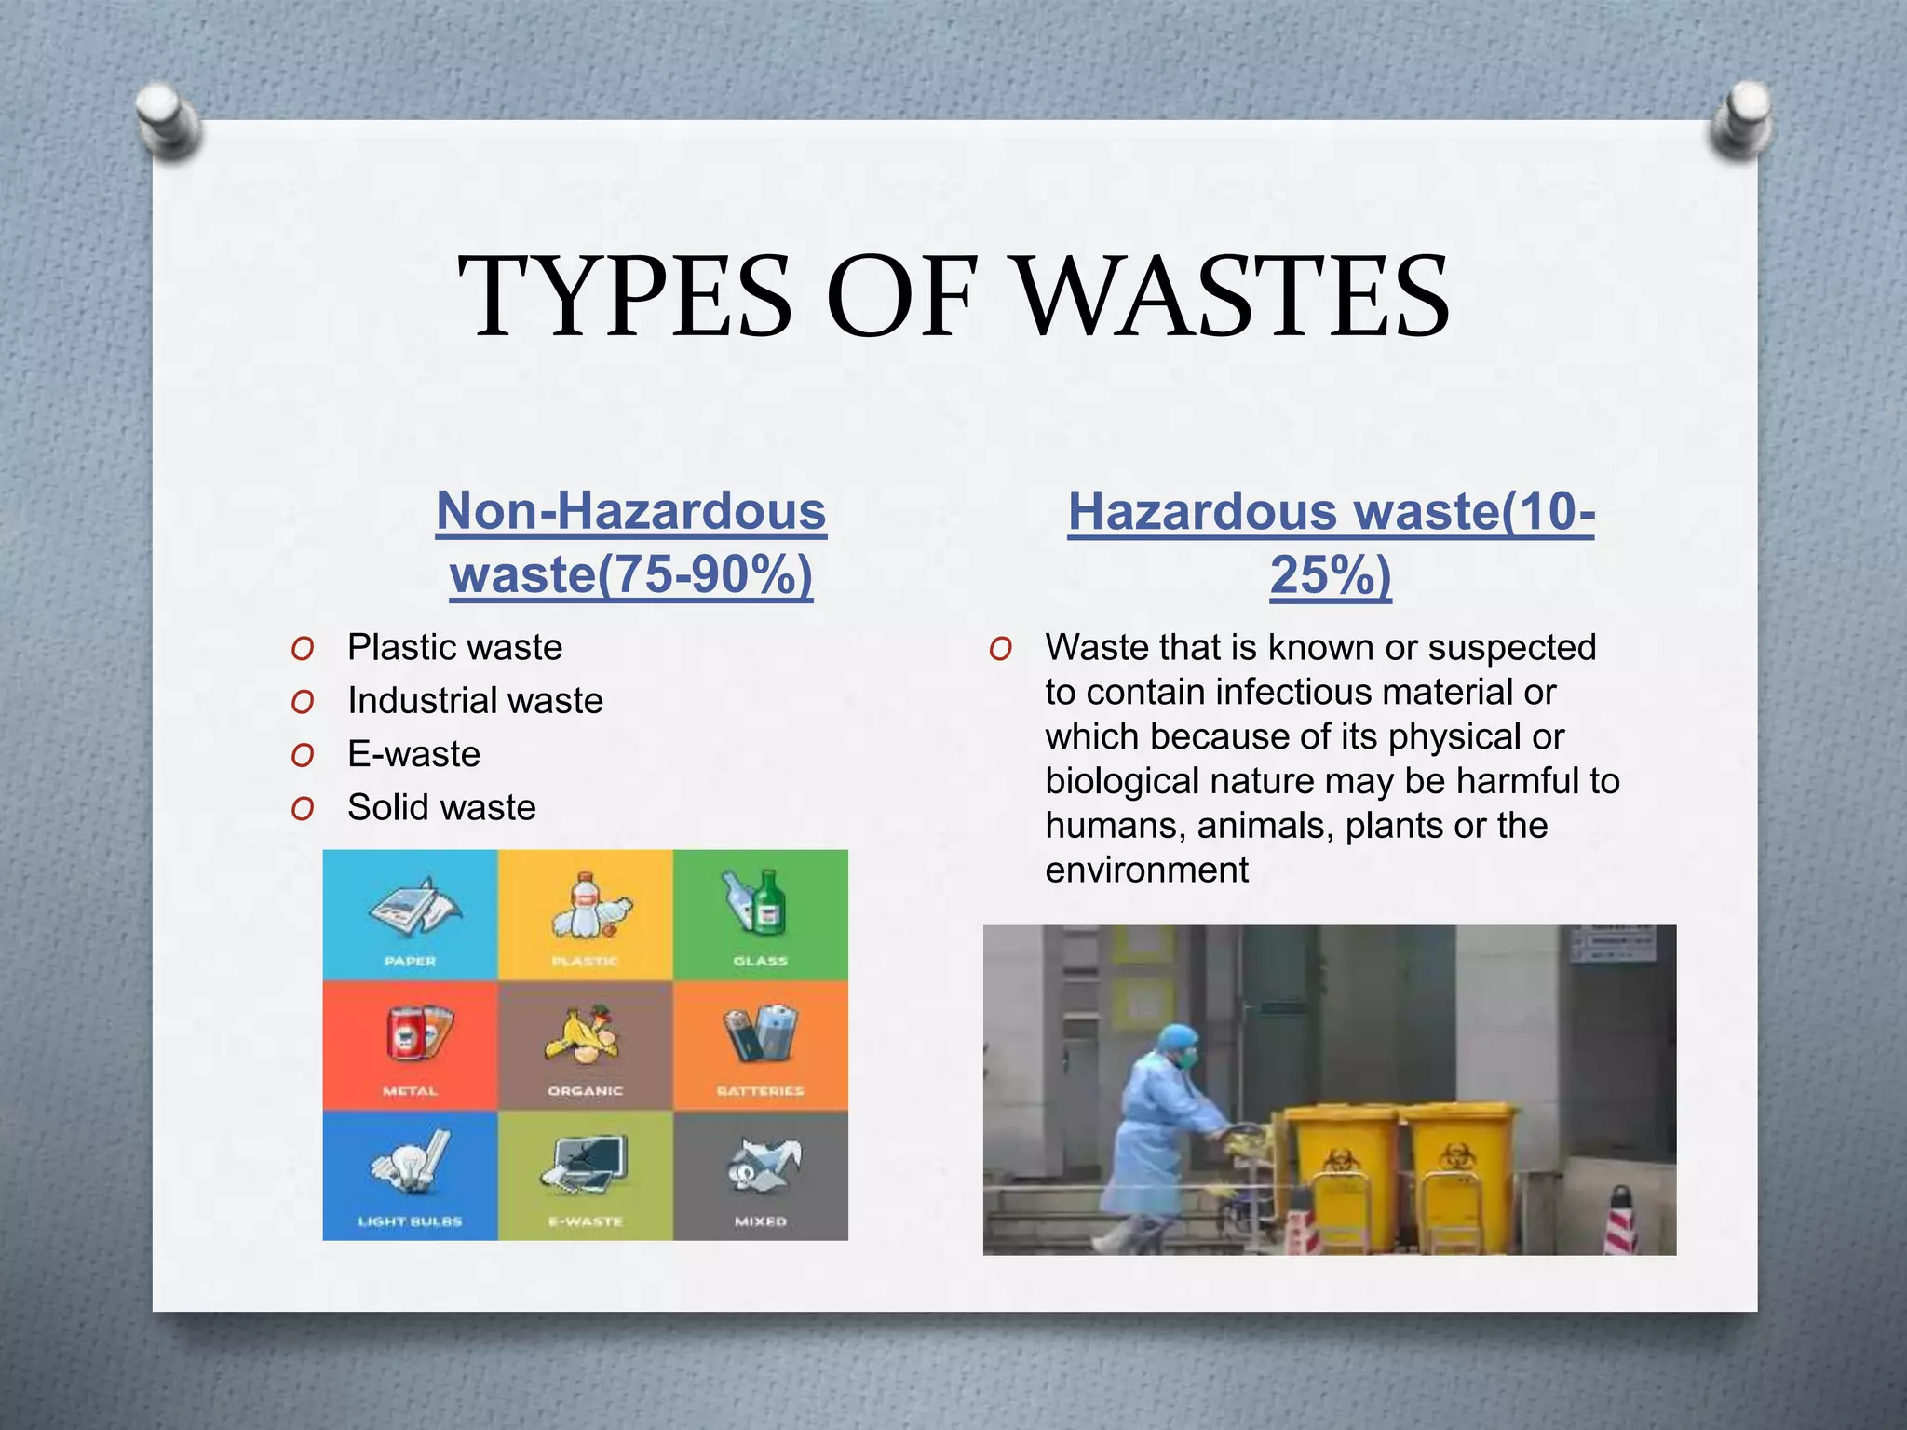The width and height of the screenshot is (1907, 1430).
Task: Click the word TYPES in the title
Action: [x=625, y=296]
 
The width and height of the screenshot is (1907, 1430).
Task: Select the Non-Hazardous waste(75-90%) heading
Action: [x=631, y=543]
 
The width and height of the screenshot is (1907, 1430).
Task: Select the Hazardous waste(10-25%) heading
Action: [x=1331, y=543]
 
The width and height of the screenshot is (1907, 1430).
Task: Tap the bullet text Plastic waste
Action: [x=454, y=647]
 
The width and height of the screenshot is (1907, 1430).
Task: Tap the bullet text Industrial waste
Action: [x=475, y=700]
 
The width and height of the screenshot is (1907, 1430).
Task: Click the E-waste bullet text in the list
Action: [x=413, y=753]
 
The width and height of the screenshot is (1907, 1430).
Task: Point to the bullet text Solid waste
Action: [x=441, y=807]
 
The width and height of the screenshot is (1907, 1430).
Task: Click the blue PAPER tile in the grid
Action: [x=410, y=914]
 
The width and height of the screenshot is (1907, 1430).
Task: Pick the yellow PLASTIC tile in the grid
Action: [x=585, y=914]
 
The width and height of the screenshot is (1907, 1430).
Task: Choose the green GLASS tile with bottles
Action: [x=761, y=914]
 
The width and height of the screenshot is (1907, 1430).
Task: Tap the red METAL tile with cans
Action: [x=410, y=1045]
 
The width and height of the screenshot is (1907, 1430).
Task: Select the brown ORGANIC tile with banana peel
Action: [x=585, y=1045]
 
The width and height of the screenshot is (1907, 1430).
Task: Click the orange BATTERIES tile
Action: [x=761, y=1045]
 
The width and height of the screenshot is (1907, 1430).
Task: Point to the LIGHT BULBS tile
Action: [x=410, y=1175]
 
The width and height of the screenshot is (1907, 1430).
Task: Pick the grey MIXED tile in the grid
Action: [x=761, y=1175]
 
